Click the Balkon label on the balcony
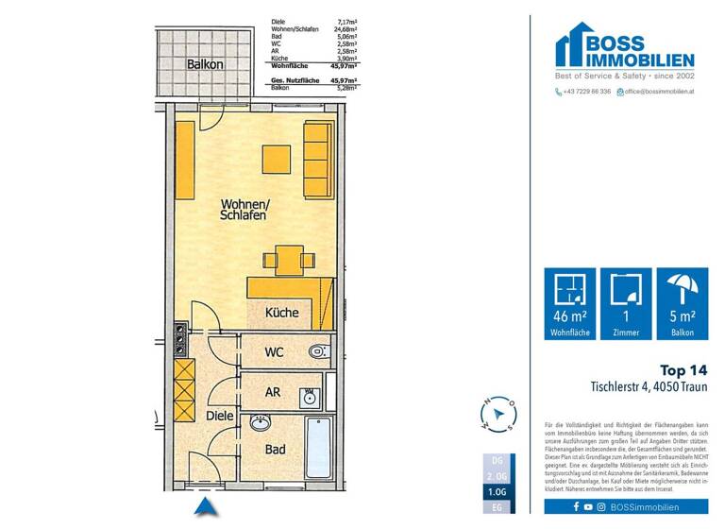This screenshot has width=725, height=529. click(205, 65)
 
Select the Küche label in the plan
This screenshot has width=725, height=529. click(281, 313)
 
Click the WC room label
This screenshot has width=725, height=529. click(274, 352)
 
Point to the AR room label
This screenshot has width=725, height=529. click(272, 391)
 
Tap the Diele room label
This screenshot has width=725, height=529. click(219, 414)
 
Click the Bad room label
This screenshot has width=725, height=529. click(275, 451)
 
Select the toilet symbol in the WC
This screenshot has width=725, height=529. click(318, 352)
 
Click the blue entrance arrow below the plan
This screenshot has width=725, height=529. click(206, 508)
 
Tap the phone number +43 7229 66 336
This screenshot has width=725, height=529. click(586, 92)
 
